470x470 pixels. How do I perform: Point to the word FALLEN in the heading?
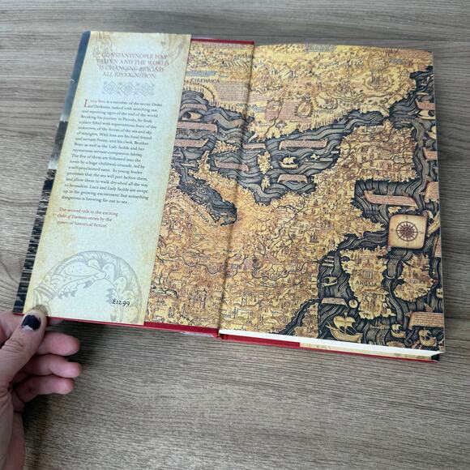[x=115, y=59]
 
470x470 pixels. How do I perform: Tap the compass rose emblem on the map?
[x=407, y=231]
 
